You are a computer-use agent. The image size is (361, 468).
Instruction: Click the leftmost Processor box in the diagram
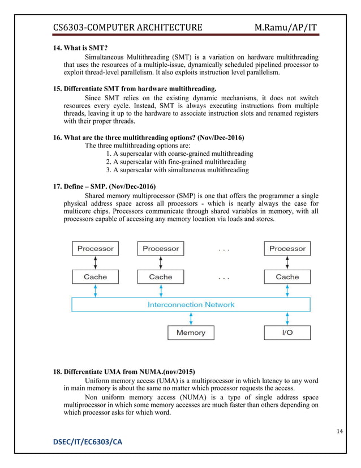click(95, 249)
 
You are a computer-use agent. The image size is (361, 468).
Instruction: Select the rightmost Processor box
click(287, 249)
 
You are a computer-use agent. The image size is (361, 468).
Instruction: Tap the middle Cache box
click(161, 277)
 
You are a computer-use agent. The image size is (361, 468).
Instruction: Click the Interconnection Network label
click(191, 305)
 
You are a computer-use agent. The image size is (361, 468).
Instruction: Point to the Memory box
click(191, 333)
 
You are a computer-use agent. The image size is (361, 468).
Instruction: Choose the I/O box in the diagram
click(287, 333)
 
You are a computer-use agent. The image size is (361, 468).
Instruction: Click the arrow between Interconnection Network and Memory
click(191, 318)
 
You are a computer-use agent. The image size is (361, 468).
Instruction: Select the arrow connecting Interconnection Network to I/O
click(287, 318)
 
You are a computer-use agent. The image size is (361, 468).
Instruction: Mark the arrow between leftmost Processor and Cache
click(95, 263)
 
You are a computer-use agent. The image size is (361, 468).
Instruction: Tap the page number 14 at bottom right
click(339, 432)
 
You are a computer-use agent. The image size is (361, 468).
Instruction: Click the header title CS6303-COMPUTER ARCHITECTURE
click(127, 27)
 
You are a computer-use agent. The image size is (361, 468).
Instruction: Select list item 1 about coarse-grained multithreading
click(179, 154)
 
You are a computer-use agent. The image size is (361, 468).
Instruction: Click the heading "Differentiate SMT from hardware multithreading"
click(135, 89)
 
